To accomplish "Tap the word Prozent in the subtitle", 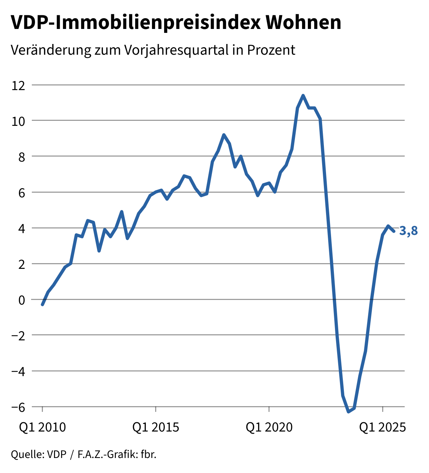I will point(271,50).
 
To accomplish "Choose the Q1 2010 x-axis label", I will point(43,427).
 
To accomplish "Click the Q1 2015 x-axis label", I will point(156,427).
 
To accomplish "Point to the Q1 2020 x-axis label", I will point(269,427).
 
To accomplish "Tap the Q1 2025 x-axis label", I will point(383,427).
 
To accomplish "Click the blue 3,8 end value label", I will point(408,231).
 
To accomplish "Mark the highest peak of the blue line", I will point(303,95).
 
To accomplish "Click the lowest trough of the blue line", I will point(348,412).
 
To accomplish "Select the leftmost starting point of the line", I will point(43,305).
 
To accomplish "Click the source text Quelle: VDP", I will point(39,455).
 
